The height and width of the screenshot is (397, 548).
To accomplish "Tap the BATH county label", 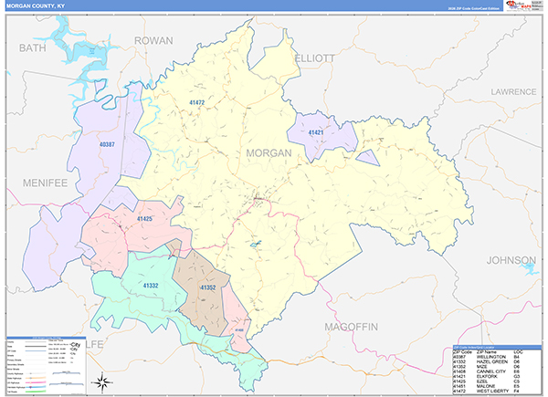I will [x=32, y=47].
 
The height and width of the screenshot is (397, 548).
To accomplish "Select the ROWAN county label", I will [x=153, y=41].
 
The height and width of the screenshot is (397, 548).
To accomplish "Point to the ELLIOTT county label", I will [x=315, y=57].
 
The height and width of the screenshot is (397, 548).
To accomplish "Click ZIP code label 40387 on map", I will [x=107, y=144].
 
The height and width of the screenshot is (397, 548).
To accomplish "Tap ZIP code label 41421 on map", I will [x=316, y=133].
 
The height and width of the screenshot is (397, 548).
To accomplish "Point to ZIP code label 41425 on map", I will [x=144, y=219].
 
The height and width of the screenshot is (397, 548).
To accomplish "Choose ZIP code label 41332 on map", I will [x=151, y=286].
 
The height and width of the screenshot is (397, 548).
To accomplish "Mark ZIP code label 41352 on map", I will [x=207, y=288].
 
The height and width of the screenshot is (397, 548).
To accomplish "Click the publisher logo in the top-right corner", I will [x=524, y=6].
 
